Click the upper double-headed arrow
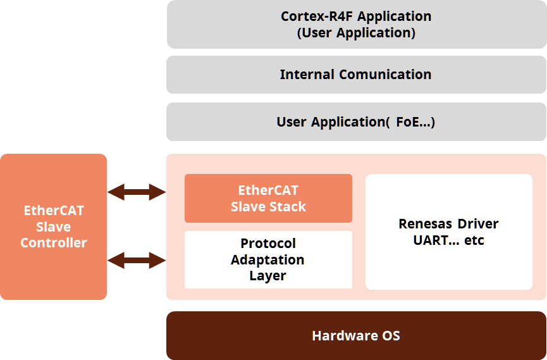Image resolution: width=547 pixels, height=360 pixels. click(x=137, y=192)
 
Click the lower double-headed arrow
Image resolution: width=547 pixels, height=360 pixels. click(x=137, y=260)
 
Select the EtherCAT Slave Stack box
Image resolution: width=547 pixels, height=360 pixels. click(x=268, y=198)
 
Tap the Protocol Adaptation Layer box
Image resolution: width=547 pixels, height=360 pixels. click(x=268, y=259)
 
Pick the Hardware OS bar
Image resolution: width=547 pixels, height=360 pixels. click(x=356, y=335)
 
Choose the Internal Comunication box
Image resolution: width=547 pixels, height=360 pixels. click(x=356, y=75)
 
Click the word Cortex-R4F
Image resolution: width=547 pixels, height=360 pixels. click(x=317, y=16)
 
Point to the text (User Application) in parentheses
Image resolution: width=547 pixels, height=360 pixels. click(x=356, y=33)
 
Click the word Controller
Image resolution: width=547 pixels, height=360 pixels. click(x=54, y=243)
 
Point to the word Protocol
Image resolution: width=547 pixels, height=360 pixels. click(x=268, y=243)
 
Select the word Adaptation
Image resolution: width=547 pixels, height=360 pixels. click(x=267, y=260)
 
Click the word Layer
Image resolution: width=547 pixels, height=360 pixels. click(x=267, y=276)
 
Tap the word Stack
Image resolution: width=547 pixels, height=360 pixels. click(x=288, y=207)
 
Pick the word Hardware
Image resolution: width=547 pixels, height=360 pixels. click(x=344, y=335)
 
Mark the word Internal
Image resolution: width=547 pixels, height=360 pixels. click(x=307, y=75)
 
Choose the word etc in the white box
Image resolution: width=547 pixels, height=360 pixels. click(x=474, y=240)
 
